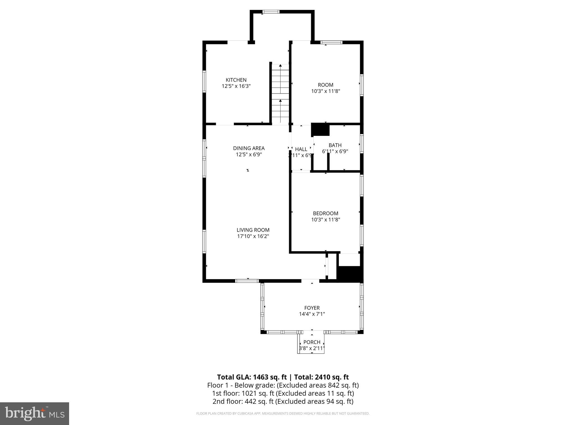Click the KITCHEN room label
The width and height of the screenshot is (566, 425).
coord(236,80)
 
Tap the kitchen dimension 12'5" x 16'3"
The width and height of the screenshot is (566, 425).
coord(236,86)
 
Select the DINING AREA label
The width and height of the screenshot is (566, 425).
coord(249,148)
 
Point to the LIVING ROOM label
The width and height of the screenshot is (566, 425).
coord(253,230)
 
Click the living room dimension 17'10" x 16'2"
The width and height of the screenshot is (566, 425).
coord(253,236)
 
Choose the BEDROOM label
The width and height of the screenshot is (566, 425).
coord(326,213)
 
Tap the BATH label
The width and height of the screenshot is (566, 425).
coord(335,145)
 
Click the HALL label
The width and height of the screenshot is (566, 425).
coord(301,149)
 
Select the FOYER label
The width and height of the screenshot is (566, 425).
coord(312,308)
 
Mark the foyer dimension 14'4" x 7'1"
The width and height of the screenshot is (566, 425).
coord(312,314)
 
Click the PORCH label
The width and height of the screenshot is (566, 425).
coord(312,342)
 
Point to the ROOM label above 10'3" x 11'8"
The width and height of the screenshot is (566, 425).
coord(326,85)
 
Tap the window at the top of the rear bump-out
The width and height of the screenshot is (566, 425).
coord(271,12)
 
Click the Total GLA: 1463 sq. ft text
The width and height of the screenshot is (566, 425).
coord(252,377)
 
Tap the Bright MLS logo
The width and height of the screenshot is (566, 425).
coord(34,413)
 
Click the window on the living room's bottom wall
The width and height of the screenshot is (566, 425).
coord(247,281)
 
